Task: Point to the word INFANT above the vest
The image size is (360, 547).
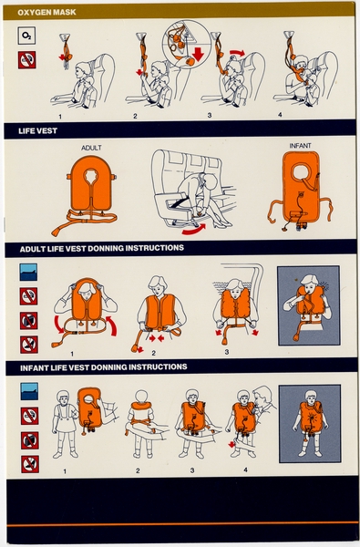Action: [300, 146]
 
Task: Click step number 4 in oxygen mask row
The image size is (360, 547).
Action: [280, 115]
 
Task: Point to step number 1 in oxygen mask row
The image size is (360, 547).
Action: [60, 116]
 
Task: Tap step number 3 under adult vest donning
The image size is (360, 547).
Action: [225, 350]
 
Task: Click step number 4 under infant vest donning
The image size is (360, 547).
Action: [246, 470]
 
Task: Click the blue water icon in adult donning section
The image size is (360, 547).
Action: [28, 272]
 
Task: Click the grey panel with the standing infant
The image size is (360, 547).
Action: [309, 420]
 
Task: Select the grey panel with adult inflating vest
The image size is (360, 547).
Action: [308, 305]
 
